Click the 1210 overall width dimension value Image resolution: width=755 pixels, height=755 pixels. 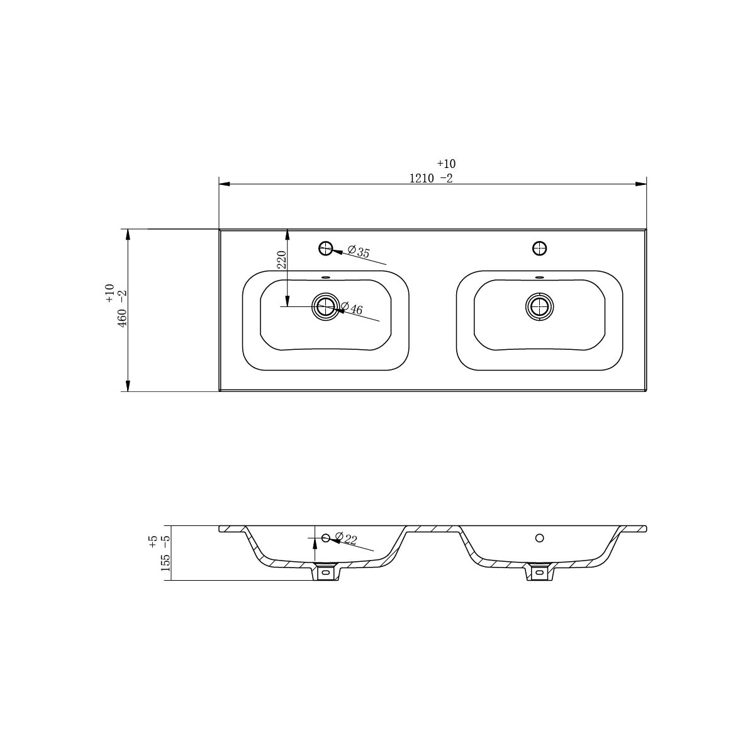(422, 179)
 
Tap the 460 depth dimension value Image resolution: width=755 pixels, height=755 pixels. (122, 318)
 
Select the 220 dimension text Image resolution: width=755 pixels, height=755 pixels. (282, 259)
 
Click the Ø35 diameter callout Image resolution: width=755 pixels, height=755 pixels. (359, 252)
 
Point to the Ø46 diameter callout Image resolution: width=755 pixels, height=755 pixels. (352, 308)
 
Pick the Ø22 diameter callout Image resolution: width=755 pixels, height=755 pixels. (346, 539)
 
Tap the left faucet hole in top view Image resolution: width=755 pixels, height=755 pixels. (325, 248)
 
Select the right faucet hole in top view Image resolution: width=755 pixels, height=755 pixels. (539, 248)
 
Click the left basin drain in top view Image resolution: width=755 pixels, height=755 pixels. (325, 306)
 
